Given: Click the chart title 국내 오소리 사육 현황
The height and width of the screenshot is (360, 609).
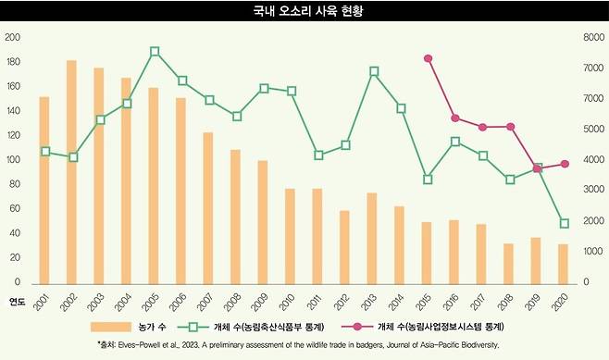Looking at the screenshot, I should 304,13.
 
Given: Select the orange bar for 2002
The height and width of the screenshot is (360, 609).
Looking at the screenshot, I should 71,171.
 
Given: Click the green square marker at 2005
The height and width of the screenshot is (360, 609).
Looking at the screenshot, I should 155,52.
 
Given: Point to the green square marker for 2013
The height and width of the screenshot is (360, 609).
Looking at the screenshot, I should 373,71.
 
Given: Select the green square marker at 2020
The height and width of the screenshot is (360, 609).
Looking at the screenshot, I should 564,223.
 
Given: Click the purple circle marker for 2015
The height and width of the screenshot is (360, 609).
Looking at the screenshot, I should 428,58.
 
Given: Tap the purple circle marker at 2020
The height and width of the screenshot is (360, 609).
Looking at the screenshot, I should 564,164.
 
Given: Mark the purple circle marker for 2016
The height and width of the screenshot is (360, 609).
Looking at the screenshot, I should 455,118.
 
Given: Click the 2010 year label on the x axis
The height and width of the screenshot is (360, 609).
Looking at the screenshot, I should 291,302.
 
